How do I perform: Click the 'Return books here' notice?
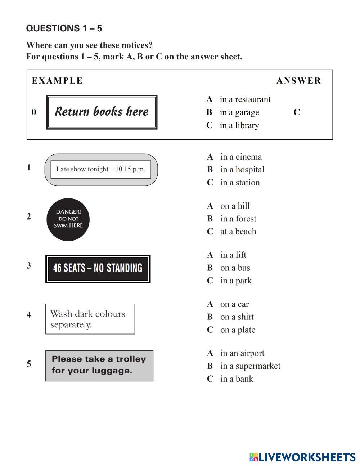102,112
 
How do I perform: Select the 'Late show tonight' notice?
101,170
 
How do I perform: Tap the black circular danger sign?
68,219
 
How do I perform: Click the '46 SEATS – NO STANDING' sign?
98,269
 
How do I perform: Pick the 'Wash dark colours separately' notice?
90,319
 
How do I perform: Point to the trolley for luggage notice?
99,366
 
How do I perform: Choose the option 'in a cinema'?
240,157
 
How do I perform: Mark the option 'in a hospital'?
242,170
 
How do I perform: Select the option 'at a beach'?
238,232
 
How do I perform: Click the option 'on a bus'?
235,268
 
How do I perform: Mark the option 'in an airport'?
242,353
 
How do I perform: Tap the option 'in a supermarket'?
250,366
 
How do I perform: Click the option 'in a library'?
239,125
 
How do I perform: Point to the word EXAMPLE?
57,81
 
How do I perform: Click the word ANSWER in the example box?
298,81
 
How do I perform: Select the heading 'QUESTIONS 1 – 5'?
64,28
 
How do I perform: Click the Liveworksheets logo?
302,457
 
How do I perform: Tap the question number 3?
29,266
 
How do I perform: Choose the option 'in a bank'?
237,379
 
